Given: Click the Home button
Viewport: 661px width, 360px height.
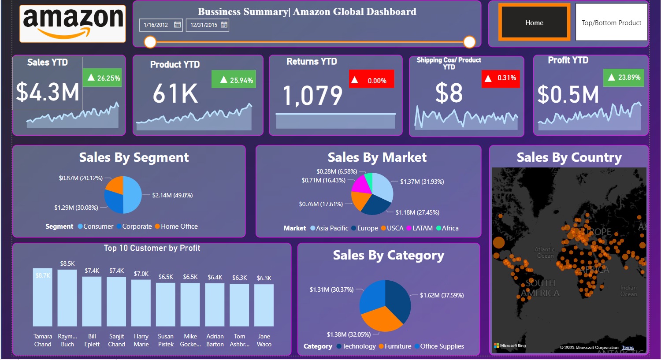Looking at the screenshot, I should (x=534, y=22).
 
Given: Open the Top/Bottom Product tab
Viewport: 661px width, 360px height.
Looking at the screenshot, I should (x=611, y=22).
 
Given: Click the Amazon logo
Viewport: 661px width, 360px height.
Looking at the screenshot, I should (x=73, y=23).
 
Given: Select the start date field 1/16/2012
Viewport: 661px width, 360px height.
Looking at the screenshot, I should (x=156, y=25).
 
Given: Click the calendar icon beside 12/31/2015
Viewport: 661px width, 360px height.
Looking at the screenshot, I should (x=224, y=25).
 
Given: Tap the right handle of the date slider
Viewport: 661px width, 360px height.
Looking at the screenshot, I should (x=470, y=42).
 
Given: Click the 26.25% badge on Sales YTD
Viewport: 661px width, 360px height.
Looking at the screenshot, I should (x=103, y=78).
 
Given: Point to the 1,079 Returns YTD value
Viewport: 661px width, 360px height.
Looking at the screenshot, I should (x=312, y=95).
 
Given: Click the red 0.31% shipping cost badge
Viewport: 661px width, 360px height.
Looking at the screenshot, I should (x=501, y=78).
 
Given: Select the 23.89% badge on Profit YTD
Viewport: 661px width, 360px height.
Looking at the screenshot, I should (x=624, y=78).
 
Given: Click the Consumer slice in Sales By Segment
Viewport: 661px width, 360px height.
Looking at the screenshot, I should (x=133, y=195).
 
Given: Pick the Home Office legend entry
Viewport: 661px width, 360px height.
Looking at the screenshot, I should (x=176, y=226).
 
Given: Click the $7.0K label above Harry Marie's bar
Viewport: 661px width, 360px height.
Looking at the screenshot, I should (x=141, y=274).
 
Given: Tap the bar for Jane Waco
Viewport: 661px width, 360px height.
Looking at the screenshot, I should (x=264, y=305).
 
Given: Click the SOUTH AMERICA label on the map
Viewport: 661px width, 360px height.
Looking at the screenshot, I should (x=540, y=288).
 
